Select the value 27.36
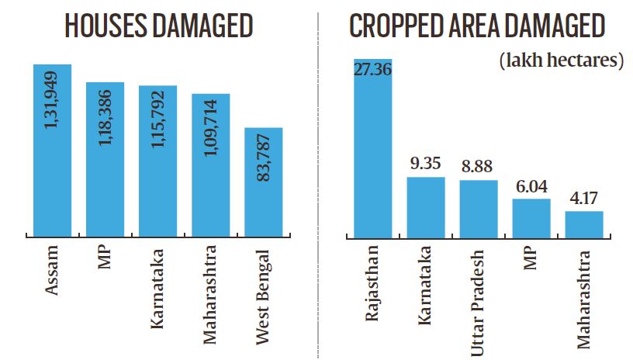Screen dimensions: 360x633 point(372,70)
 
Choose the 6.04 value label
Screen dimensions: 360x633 point(531,187)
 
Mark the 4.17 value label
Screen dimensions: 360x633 point(583,199)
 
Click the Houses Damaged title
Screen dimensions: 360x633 point(158,27)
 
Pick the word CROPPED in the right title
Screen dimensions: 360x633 point(393,27)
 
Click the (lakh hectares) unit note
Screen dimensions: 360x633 point(562,60)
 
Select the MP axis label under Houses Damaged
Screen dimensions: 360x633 point(105,261)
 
